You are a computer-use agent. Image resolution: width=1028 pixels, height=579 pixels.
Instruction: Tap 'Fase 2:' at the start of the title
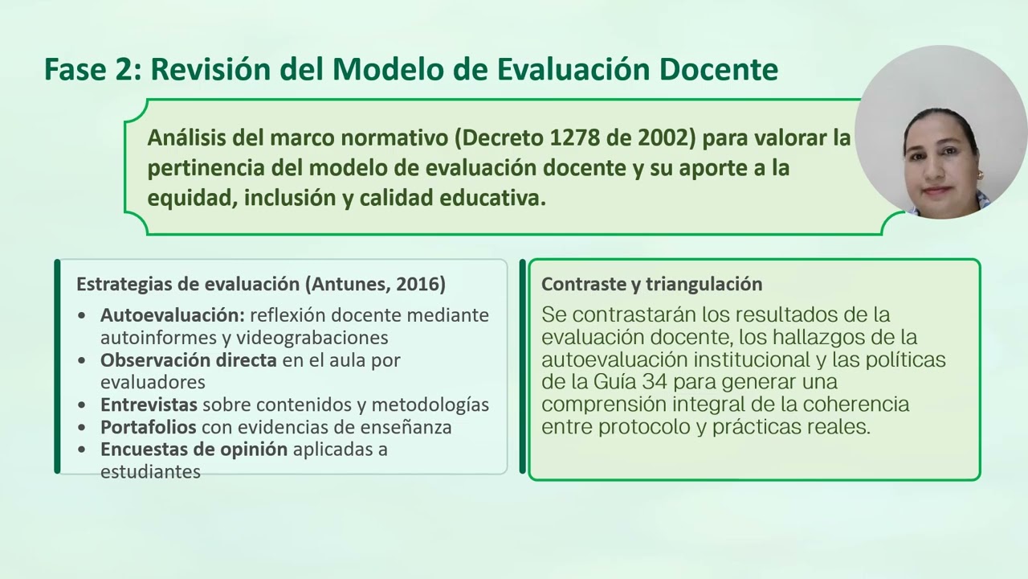tap(92, 70)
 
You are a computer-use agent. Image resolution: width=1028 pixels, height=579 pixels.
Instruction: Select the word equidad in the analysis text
tap(188, 198)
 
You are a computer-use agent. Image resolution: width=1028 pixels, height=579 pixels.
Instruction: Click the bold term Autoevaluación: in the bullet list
tap(173, 315)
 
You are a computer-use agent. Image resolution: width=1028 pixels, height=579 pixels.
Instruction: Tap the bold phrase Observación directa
tap(189, 360)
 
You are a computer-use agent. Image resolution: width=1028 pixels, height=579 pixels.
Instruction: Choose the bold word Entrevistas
tap(149, 404)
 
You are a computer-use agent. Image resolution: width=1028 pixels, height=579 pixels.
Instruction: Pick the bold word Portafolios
tap(149, 427)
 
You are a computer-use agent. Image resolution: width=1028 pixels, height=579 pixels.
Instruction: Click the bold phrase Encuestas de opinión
tap(194, 449)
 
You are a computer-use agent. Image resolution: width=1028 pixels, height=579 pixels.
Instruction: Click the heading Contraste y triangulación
tap(651, 284)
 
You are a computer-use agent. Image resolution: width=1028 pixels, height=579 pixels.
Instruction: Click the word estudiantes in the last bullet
tap(150, 472)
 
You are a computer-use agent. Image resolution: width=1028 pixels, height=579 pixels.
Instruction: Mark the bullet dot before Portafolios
tap(83, 428)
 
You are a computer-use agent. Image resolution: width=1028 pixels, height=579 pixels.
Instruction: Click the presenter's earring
tap(979, 175)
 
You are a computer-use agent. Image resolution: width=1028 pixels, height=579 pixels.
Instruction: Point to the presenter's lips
tap(937, 191)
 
